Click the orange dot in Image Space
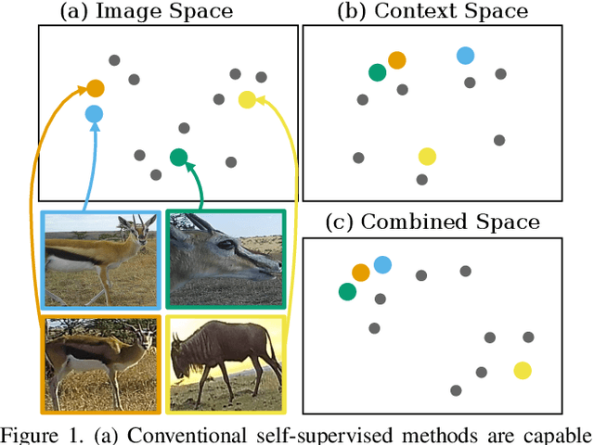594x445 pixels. [x=95, y=89]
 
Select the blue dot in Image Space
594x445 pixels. [x=94, y=114]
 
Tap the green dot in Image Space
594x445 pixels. [x=179, y=158]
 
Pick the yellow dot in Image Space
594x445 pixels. [x=247, y=99]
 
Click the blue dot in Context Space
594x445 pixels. [x=465, y=56]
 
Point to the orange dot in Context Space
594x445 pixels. [x=397, y=60]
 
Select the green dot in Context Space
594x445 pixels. [x=377, y=72]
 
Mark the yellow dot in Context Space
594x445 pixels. [x=427, y=156]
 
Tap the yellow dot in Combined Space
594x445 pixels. [x=523, y=371]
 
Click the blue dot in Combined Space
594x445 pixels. [x=382, y=265]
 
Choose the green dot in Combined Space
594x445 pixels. [x=347, y=292]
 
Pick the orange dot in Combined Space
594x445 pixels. [x=361, y=272]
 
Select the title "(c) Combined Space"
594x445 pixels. [x=436, y=222]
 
